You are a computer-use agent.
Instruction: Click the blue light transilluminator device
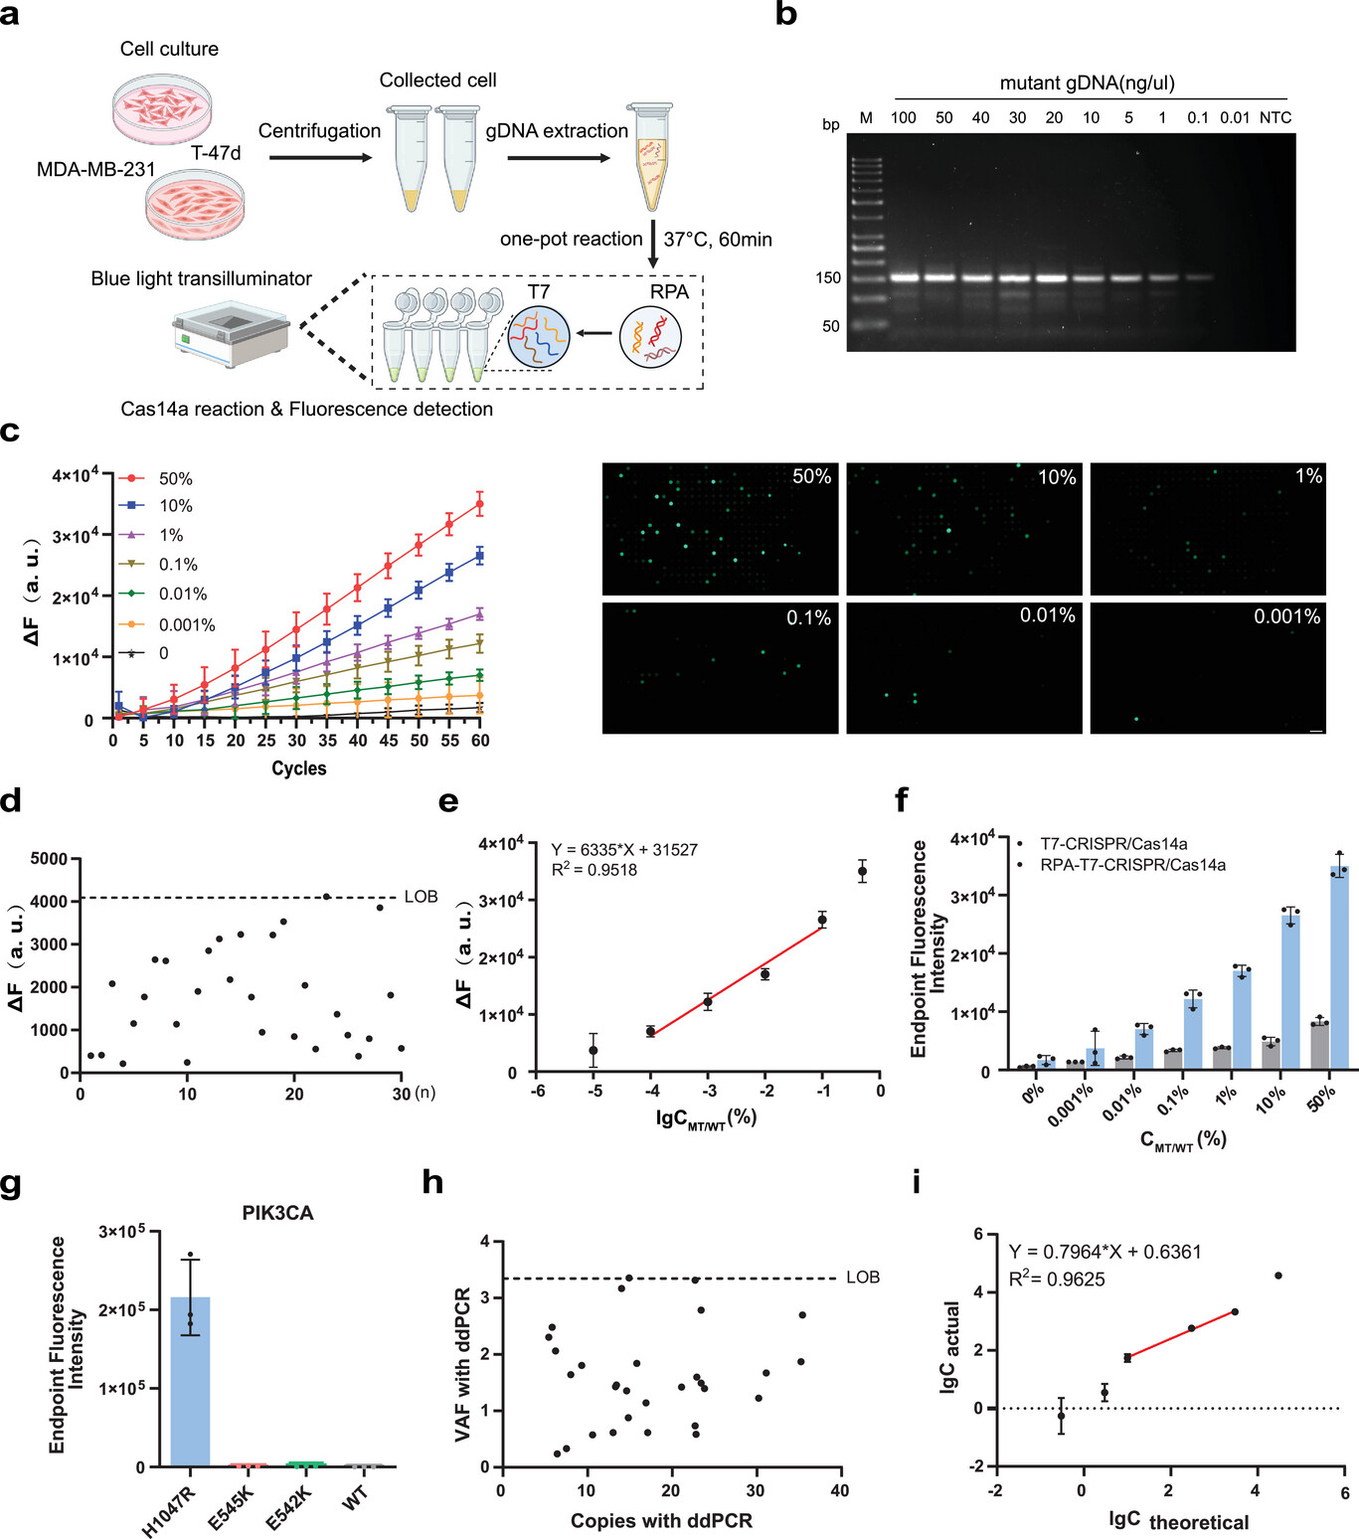point(231,335)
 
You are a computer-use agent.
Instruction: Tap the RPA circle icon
point(650,336)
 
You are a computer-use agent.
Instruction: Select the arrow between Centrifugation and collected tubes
point(320,157)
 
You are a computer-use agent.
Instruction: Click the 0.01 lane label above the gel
point(1235,117)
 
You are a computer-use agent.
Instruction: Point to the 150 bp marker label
point(828,278)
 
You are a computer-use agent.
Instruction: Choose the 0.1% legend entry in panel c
point(178,565)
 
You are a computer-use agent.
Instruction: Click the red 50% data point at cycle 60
point(480,504)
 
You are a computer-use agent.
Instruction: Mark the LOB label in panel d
point(421,897)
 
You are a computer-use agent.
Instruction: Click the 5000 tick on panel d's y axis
point(49,859)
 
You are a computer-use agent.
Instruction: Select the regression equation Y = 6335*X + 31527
point(624,850)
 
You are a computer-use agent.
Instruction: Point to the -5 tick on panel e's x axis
point(595,1091)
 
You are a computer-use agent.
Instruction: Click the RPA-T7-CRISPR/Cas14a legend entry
point(1132,865)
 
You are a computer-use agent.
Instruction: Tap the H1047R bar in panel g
point(190,1382)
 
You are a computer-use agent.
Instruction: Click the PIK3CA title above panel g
point(277,1213)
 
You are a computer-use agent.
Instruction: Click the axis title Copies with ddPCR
point(661,1521)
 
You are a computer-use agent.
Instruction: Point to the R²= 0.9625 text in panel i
point(1057,1280)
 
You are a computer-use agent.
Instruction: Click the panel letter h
point(432,1183)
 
